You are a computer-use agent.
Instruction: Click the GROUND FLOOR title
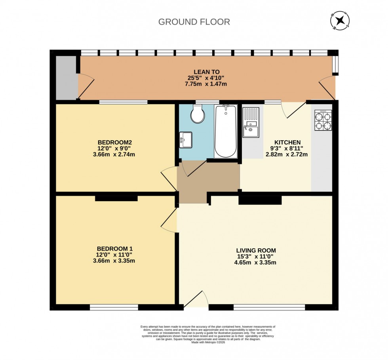tap(194, 22)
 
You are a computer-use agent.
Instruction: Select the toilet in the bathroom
tap(198, 114)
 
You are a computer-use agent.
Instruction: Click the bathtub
tap(226, 131)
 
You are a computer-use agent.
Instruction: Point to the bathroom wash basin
tap(185, 139)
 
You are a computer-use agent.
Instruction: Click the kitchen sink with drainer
tap(251, 122)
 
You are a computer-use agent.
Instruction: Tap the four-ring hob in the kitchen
tap(323, 120)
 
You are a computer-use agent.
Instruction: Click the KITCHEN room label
tap(287, 143)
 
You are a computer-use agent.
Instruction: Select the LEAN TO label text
tap(207, 72)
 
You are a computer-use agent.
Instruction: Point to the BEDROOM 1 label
tap(114, 249)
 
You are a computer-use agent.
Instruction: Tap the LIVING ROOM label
tap(256, 250)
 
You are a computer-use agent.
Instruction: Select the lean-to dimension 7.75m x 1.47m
tap(207, 84)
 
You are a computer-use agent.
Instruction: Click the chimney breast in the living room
tap(260, 200)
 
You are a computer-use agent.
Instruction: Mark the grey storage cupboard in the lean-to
tap(66, 78)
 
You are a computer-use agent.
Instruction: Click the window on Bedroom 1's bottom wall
tap(114, 307)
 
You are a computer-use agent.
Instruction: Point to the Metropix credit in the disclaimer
tap(207, 343)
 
